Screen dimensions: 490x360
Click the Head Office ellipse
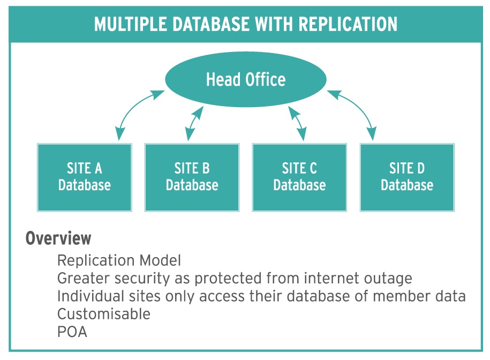[246, 79]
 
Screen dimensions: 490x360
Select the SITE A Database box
[85, 177]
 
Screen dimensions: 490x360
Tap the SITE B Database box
[192, 177]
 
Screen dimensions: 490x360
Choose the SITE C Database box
[299, 177]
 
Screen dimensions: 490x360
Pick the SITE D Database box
[407, 177]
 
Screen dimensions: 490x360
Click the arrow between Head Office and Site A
[133, 107]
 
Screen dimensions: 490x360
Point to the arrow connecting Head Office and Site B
[194, 124]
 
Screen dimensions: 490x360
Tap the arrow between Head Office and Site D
[359, 107]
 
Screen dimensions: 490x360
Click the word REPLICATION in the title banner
[348, 25]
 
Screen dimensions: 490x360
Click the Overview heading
[58, 238]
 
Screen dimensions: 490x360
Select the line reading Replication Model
[119, 260]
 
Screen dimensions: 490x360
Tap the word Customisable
[104, 314]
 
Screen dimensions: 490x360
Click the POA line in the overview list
[72, 332]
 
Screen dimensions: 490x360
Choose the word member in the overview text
[399, 296]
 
